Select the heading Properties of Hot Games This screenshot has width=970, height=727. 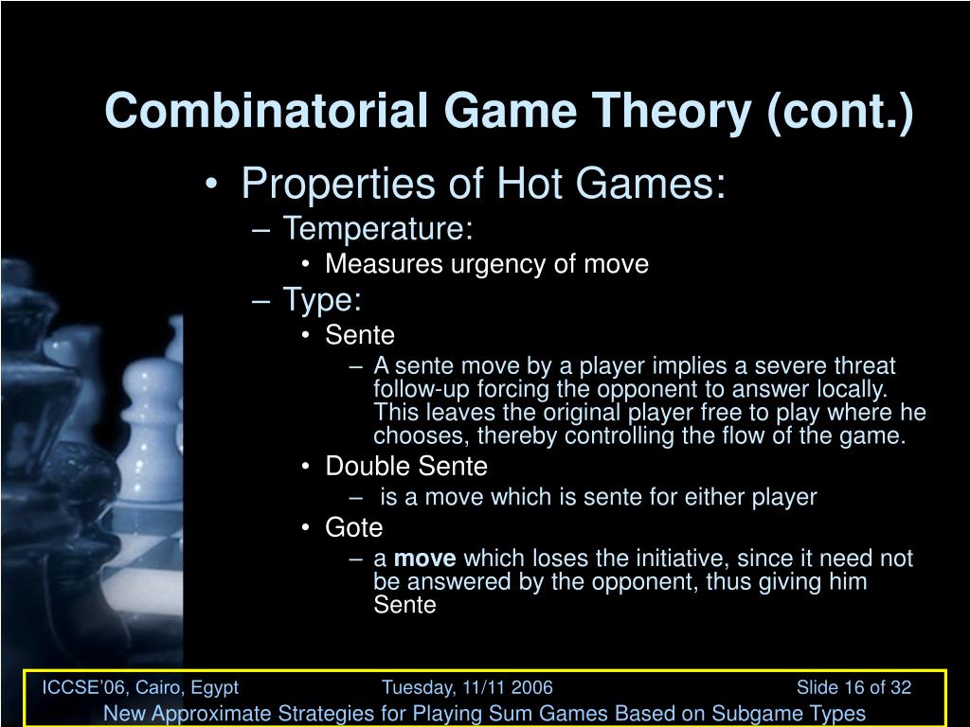(483, 183)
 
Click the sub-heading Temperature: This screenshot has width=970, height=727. (378, 228)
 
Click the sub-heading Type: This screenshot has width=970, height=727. (322, 300)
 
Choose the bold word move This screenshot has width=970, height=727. (424, 559)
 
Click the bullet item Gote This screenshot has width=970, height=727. (353, 527)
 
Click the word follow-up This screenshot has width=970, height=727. (417, 390)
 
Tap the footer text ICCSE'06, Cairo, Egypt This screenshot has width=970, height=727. (140, 687)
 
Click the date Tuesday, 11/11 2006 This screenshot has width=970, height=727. (467, 687)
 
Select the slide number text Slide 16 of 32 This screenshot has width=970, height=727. (853, 687)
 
